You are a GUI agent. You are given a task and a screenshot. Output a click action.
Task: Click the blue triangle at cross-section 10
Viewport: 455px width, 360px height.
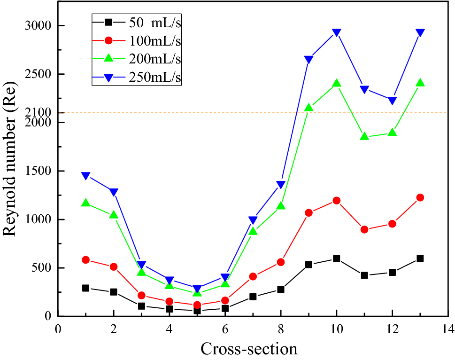pos(336,32)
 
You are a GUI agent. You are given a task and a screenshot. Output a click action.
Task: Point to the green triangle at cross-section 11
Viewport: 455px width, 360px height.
pos(364,136)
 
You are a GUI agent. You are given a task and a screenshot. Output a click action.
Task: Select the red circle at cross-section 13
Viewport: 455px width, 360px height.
pos(420,197)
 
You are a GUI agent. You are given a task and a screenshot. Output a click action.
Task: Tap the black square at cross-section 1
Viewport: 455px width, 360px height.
pos(85,288)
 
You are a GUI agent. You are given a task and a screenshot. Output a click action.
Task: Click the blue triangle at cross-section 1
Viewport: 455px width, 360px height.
pos(85,176)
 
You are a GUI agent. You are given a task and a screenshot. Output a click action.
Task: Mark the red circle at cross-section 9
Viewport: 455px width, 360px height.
pos(308,212)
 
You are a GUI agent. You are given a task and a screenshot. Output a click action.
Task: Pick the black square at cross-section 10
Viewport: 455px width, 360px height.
pos(336,258)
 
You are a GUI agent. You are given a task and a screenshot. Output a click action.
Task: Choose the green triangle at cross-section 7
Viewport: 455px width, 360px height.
pos(253,231)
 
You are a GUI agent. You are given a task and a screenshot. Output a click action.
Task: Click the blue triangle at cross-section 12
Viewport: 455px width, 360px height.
pos(392,100)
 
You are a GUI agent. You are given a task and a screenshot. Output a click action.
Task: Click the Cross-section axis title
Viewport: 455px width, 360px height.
pos(249,349)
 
